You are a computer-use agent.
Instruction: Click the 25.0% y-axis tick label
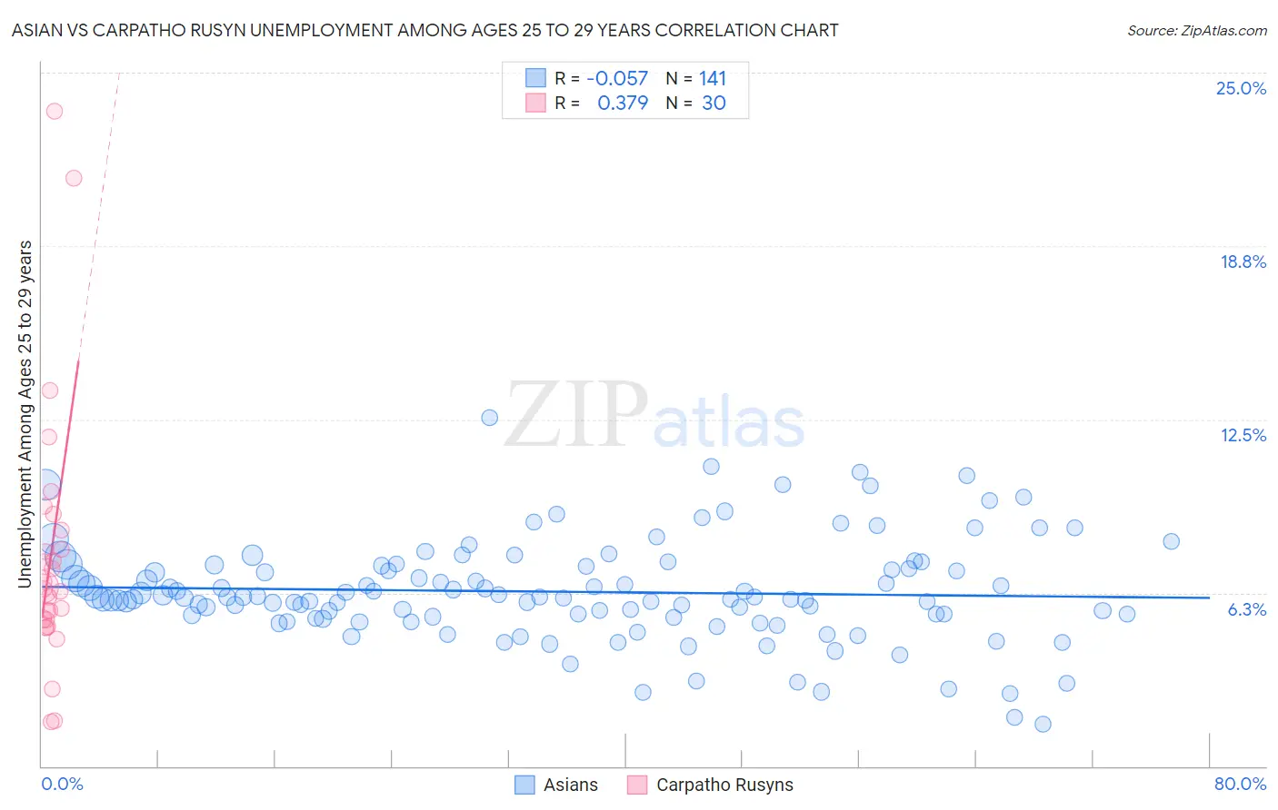pyautogui.click(x=1241, y=88)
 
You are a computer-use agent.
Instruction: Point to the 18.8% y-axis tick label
pyautogui.click(x=1243, y=262)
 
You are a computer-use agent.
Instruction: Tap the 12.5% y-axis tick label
pyautogui.click(x=1243, y=435)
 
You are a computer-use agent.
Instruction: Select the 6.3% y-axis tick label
pyautogui.click(x=1246, y=609)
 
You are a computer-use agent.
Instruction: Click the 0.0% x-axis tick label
pyautogui.click(x=62, y=784)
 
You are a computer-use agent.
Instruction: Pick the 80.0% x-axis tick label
pyautogui.click(x=1240, y=784)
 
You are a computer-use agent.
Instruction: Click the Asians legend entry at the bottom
pyautogui.click(x=556, y=785)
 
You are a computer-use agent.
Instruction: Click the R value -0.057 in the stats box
pyautogui.click(x=617, y=79)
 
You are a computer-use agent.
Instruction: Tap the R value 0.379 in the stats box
pyautogui.click(x=623, y=103)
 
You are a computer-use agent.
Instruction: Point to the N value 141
pyautogui.click(x=713, y=79)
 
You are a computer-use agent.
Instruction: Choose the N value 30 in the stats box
pyautogui.click(x=714, y=103)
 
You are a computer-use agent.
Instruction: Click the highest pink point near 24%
pyautogui.click(x=55, y=111)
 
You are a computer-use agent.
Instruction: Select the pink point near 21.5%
pyautogui.click(x=74, y=178)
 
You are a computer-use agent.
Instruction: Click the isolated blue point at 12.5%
pyautogui.click(x=489, y=418)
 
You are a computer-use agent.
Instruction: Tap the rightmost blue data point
pyautogui.click(x=1171, y=541)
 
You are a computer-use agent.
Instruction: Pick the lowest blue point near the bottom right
pyautogui.click(x=1043, y=724)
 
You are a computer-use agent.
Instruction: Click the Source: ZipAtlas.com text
pyautogui.click(x=1196, y=30)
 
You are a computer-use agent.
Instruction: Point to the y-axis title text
pyautogui.click(x=25, y=413)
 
